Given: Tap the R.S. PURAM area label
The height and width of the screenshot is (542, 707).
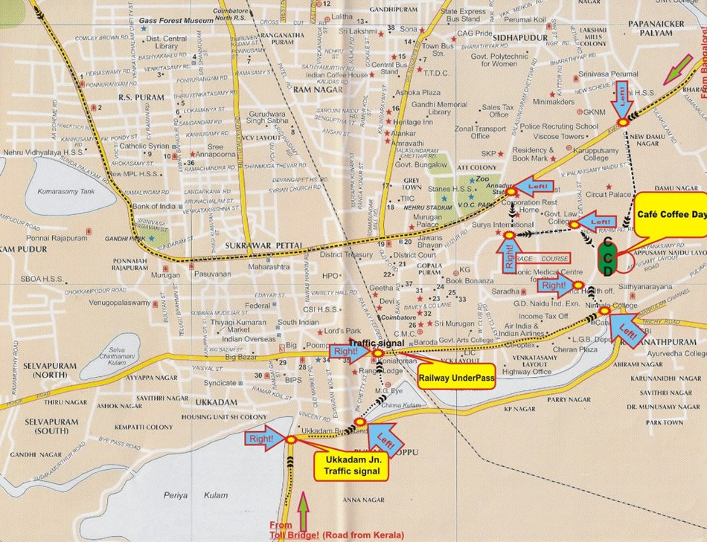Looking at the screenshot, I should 140,97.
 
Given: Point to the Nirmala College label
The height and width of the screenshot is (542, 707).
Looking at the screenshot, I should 614,306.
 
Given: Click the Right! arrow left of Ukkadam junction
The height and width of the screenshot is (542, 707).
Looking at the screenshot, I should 266,439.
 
